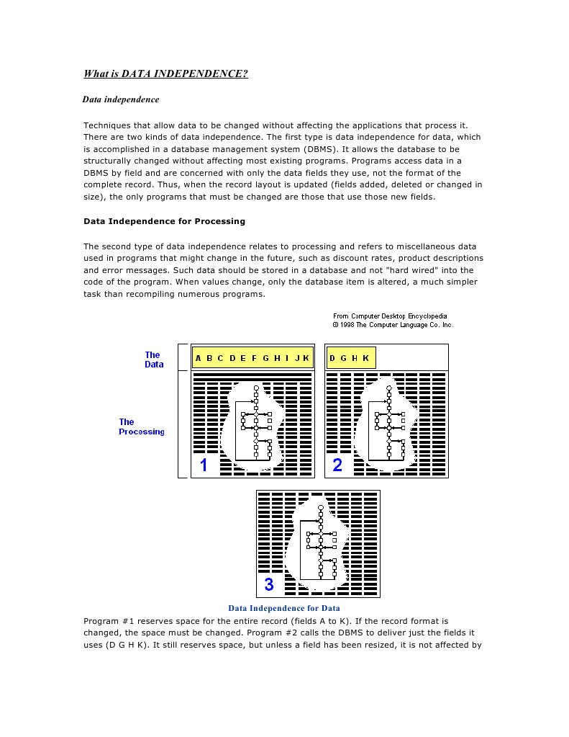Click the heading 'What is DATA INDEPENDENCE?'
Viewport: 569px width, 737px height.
pos(166,73)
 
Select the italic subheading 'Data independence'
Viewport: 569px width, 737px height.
pos(121,99)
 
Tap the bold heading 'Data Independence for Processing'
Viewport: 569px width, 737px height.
pos(165,220)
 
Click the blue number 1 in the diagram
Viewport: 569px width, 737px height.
pos(204,465)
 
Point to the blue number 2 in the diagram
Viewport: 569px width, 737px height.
pos(337,465)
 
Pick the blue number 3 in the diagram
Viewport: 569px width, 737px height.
pos(268,584)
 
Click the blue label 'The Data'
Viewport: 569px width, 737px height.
pos(154,359)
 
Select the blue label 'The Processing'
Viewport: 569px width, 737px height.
pos(141,426)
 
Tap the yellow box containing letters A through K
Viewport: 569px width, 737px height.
pos(252,358)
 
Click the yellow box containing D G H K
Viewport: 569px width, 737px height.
pos(350,358)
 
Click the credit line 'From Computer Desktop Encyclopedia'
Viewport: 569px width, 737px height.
pos(389,316)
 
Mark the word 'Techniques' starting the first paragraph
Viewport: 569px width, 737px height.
pos(107,124)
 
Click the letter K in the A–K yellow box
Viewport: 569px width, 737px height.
pos(306,358)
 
